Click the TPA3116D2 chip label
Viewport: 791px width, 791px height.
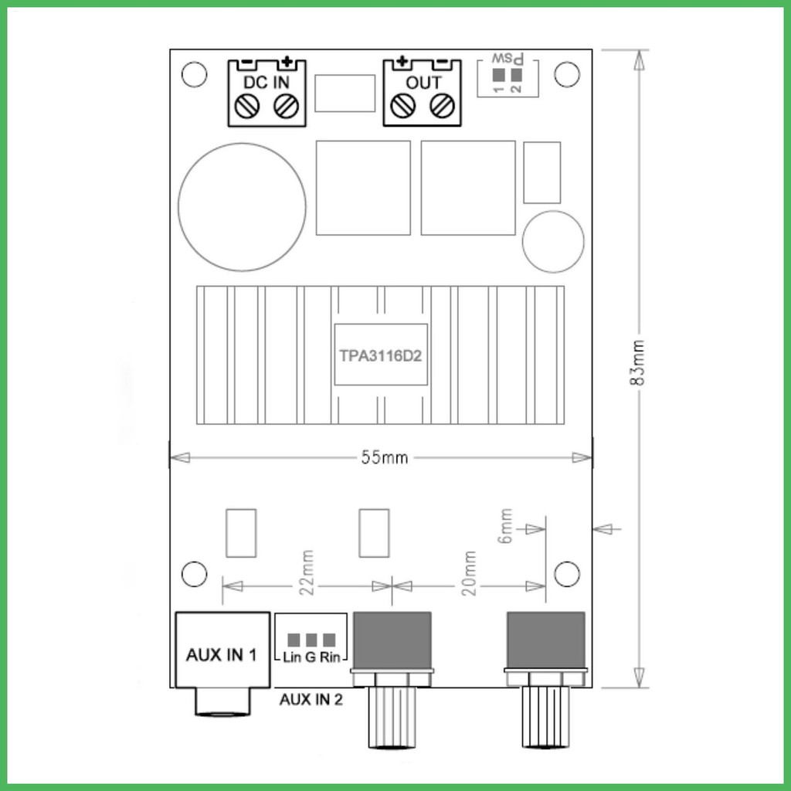pos(380,355)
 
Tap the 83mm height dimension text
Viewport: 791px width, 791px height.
pos(637,362)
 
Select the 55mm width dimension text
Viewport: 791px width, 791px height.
pos(385,457)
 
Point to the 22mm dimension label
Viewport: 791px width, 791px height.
pos(307,572)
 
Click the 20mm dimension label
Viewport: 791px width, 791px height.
pos(469,573)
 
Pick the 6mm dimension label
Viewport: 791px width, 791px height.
pos(505,525)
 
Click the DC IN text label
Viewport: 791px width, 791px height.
pos(266,82)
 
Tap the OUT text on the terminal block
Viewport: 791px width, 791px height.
pos(423,82)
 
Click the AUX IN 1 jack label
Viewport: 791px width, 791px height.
pos(222,655)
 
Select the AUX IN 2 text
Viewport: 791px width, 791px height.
pos(311,699)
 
